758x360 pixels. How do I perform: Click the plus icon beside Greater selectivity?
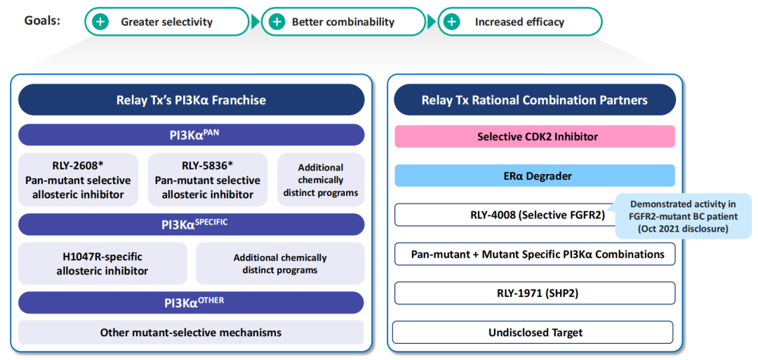coord(101,22)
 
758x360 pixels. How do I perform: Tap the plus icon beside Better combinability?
coord(277,22)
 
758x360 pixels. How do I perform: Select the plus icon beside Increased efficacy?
coord(453,22)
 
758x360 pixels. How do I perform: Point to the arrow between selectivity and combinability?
coord(255,22)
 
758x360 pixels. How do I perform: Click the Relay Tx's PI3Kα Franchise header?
coord(191,100)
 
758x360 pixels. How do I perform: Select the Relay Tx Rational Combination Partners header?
coord(534,100)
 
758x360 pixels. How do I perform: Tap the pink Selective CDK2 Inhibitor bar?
coord(534,136)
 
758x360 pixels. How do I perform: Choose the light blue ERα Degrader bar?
coord(534,175)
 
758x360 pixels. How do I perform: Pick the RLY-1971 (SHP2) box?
coord(534,293)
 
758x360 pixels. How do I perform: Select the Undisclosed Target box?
coord(534,332)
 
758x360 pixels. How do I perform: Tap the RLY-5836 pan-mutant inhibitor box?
coord(207,180)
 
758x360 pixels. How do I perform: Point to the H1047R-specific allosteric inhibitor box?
coord(102,263)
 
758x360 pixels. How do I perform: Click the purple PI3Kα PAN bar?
coord(191,135)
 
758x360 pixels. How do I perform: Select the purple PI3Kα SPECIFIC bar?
coord(191,225)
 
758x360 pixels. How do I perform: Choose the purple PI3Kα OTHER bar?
coord(191,302)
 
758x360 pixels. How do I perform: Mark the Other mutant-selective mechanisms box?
coord(191,333)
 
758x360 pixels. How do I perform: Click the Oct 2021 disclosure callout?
coord(683,216)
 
